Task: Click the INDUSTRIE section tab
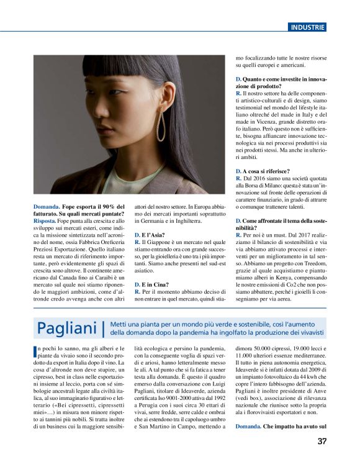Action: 307,27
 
